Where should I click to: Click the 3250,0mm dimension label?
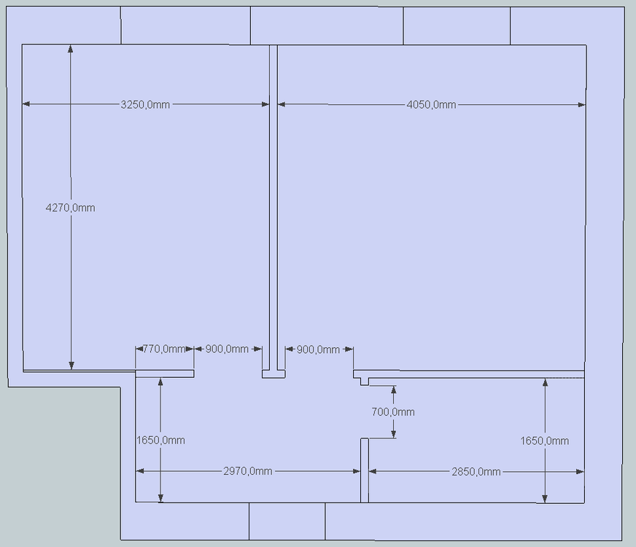145,104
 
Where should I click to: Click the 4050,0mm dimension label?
431,104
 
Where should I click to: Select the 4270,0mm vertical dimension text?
71,208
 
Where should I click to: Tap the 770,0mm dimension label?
164,349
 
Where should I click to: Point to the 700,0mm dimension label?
393,412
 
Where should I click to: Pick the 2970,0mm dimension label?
248,471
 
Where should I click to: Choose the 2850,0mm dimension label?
476,472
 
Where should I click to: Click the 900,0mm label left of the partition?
227,349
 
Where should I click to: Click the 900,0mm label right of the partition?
318,349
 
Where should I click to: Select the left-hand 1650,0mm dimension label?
160,440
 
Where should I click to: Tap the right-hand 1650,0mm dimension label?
545,441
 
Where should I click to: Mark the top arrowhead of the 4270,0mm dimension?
71,49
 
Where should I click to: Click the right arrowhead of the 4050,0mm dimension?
581,104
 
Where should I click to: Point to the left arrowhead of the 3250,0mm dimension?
26,104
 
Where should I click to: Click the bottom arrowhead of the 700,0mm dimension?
393,434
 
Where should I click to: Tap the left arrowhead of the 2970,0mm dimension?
139,470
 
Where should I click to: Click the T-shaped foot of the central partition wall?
274,374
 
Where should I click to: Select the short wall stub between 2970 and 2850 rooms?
365,470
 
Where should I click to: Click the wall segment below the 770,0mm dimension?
164,374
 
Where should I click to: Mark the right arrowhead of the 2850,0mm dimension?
580,472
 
